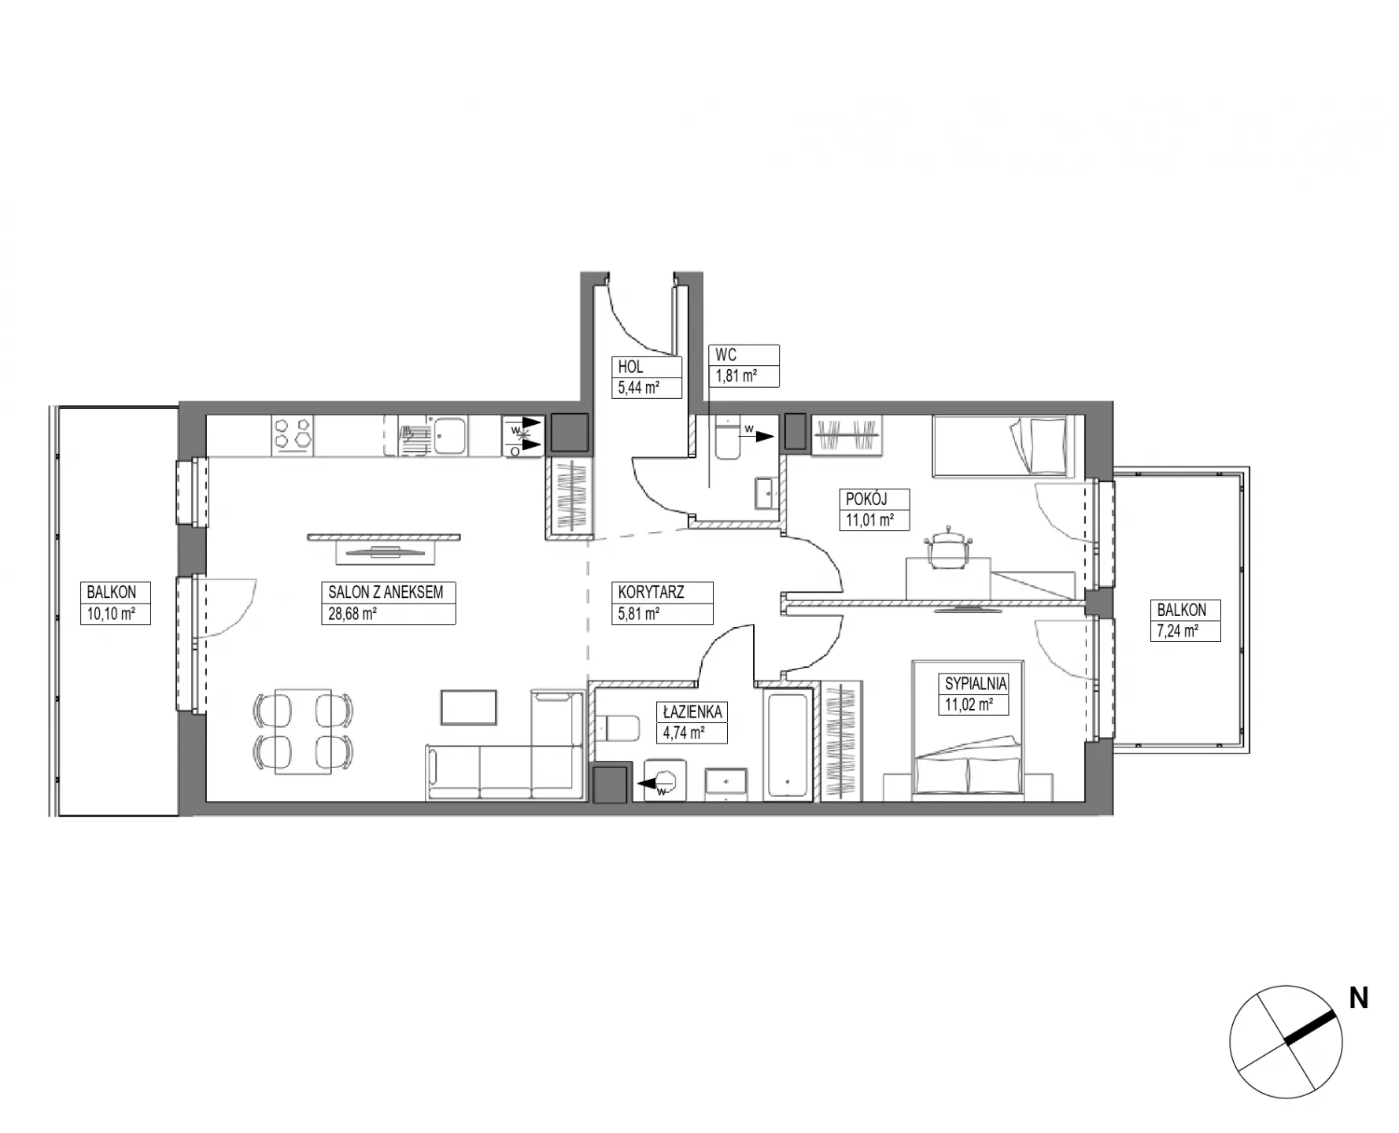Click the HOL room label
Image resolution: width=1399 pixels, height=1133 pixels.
point(630,367)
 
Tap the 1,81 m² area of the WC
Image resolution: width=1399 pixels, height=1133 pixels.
point(736,376)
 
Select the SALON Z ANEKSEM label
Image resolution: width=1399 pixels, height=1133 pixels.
point(386,592)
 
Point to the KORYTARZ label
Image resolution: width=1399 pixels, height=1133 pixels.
point(651,592)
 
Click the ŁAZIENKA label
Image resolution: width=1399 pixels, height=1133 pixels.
point(692,711)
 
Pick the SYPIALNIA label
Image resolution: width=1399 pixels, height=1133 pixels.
point(976,684)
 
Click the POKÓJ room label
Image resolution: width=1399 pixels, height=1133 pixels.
point(866,499)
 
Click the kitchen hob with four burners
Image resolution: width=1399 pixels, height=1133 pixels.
point(293,435)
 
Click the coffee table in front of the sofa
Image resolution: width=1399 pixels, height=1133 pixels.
point(469,707)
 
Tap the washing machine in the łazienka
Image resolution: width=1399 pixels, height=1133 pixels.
point(665,780)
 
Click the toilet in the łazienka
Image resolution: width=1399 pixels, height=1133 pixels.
point(618,729)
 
